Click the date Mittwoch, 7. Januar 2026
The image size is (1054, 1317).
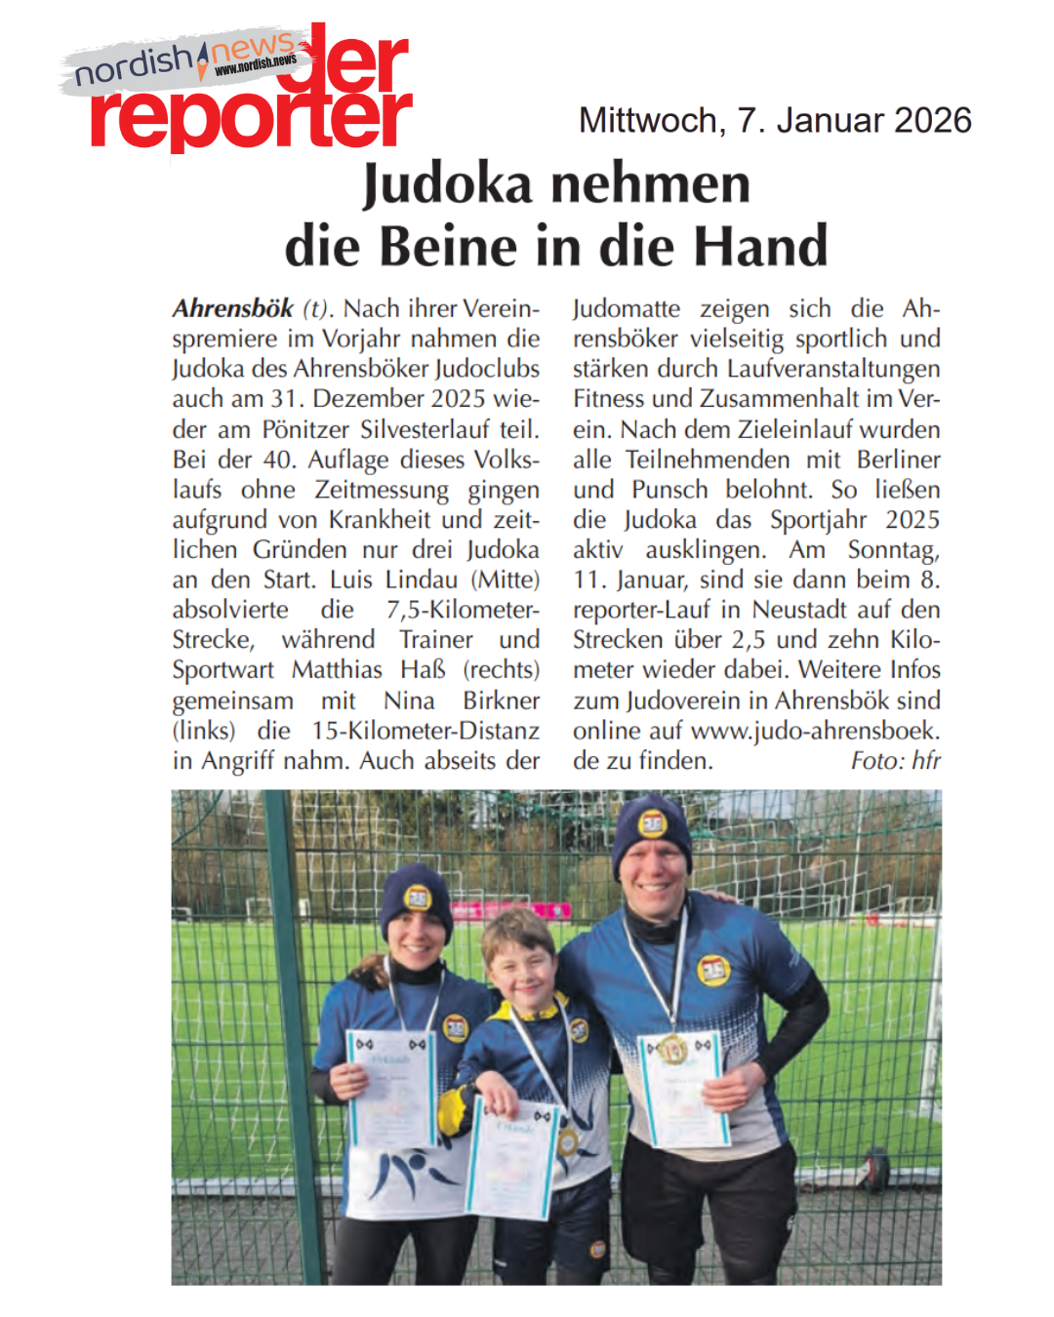click(775, 120)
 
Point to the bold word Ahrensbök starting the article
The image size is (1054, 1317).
click(232, 309)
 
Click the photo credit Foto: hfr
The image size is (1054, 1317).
click(895, 761)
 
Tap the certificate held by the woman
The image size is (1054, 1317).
click(390, 1088)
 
